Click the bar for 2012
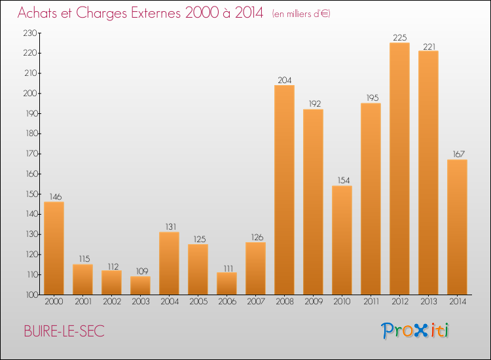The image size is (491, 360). (x=399, y=169)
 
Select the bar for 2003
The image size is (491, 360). (x=140, y=285)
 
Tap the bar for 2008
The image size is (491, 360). (x=284, y=190)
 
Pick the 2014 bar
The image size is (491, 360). (x=457, y=227)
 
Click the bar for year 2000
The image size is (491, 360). (x=54, y=248)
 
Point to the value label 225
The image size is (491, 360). (x=399, y=37)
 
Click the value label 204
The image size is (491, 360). (x=284, y=80)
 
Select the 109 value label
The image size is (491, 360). (x=140, y=271)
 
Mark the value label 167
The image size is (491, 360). (x=457, y=154)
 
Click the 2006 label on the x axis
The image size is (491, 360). (x=227, y=302)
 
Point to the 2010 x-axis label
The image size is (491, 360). (x=342, y=302)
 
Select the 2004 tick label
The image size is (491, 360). (x=169, y=302)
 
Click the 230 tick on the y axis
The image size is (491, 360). (x=31, y=33)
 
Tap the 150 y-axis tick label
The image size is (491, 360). (x=31, y=194)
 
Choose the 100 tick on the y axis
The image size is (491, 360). (x=31, y=295)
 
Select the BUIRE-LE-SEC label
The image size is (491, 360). (x=64, y=332)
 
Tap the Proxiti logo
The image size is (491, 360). (x=416, y=331)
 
